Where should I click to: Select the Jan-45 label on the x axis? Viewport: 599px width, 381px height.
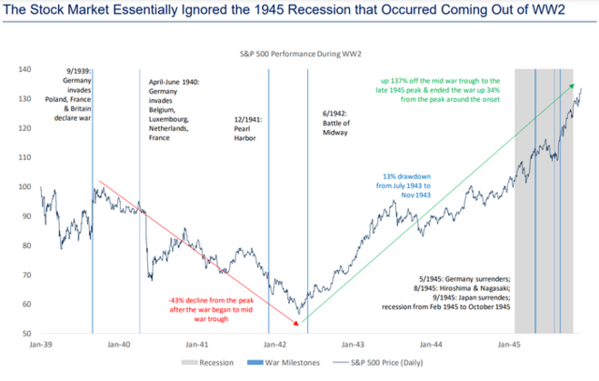pos(509,345)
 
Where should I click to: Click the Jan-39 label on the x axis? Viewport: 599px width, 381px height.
pos(40,345)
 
